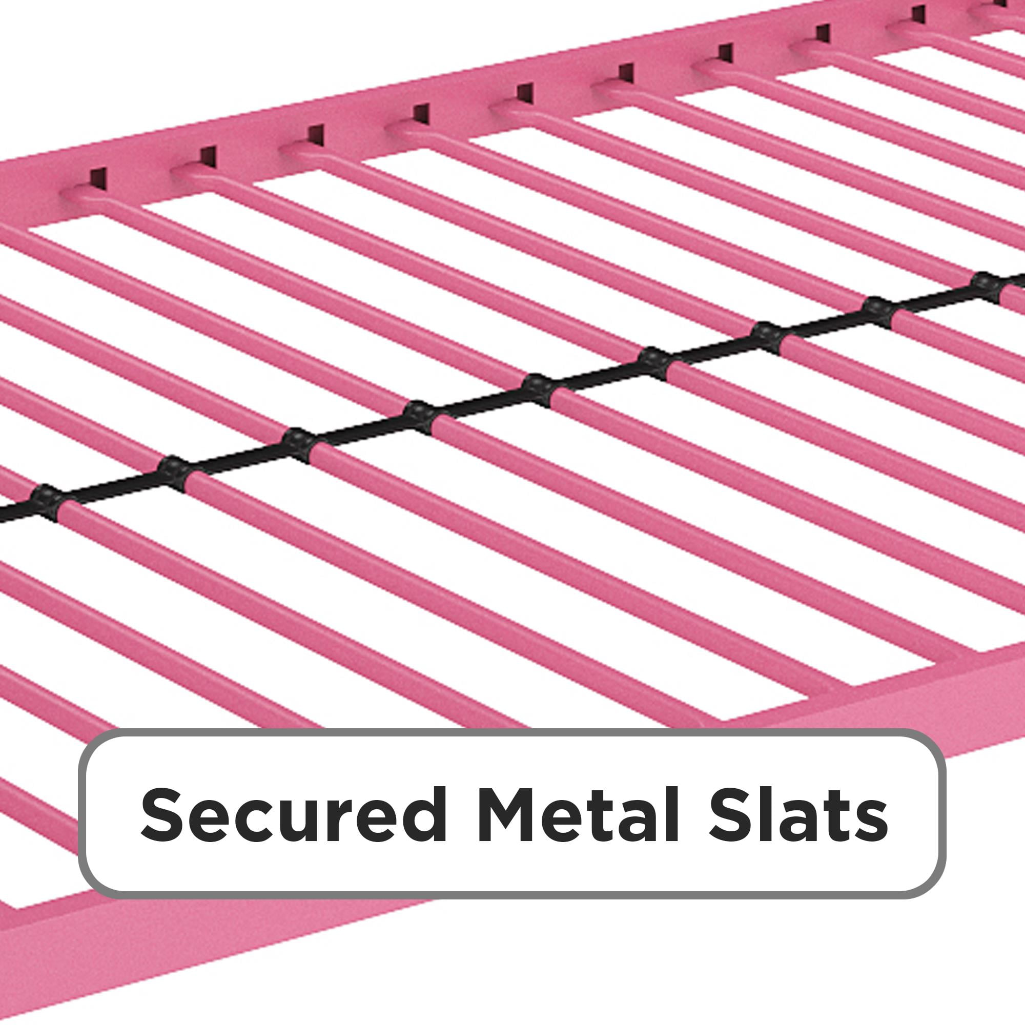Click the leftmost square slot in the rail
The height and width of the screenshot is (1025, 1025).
click(x=98, y=179)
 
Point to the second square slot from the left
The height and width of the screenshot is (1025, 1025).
click(x=208, y=156)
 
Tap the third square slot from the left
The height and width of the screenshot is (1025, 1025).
click(x=315, y=135)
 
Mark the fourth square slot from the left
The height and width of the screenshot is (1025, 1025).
click(x=421, y=113)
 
